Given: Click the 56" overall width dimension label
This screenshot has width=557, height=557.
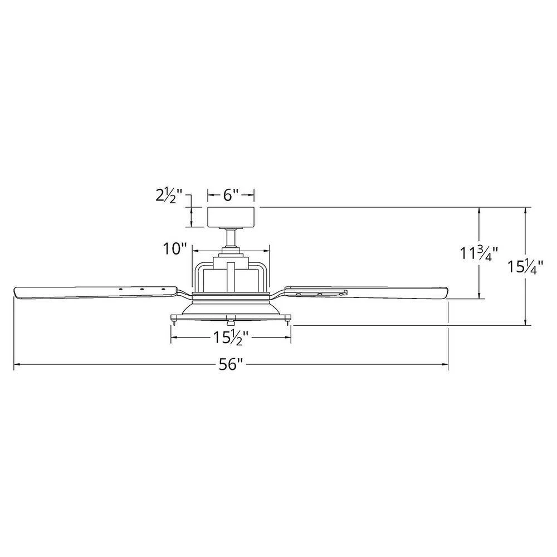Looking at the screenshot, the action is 231,364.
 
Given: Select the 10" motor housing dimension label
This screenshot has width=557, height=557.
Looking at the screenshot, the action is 174,248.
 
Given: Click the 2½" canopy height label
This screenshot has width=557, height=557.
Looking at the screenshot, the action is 169,196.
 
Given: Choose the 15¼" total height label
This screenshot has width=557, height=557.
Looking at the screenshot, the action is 525,266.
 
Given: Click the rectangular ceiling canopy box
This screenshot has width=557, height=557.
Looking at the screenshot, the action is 231,217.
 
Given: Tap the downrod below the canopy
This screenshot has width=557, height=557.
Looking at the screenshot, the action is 231,237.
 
